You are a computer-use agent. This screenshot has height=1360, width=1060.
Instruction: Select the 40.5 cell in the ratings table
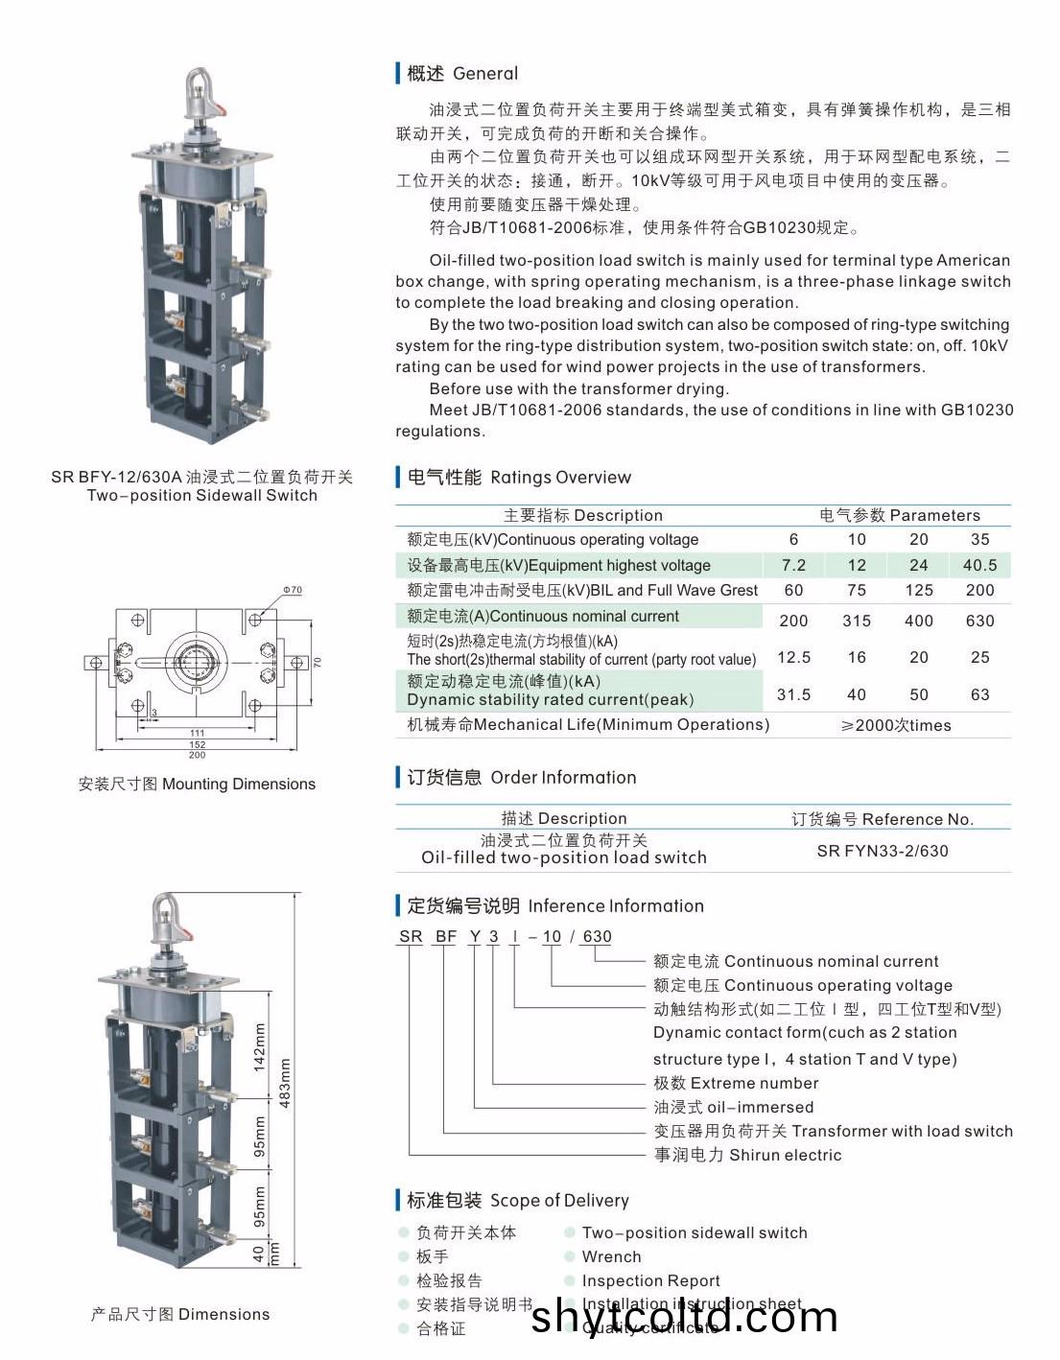tap(979, 566)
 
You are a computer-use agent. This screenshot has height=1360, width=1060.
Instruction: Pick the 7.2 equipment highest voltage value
tap(793, 566)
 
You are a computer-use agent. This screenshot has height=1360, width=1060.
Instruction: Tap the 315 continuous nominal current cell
tap(857, 621)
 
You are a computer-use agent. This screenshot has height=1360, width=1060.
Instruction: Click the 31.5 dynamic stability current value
tap(793, 694)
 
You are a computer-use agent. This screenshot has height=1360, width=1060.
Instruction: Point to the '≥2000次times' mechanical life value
tap(896, 725)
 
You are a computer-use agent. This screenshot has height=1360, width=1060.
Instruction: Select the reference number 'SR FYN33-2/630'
tap(883, 851)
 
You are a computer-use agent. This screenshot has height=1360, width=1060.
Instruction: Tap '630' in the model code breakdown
tap(597, 936)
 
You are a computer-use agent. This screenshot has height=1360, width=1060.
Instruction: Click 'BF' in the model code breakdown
tap(445, 936)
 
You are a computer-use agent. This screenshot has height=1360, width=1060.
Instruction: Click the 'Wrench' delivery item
tap(611, 1256)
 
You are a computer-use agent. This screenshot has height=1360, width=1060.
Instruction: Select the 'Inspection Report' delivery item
tap(650, 1280)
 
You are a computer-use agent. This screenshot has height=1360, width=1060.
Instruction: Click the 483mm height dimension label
tap(285, 1083)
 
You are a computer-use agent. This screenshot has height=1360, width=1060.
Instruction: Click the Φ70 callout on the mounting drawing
tap(293, 590)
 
